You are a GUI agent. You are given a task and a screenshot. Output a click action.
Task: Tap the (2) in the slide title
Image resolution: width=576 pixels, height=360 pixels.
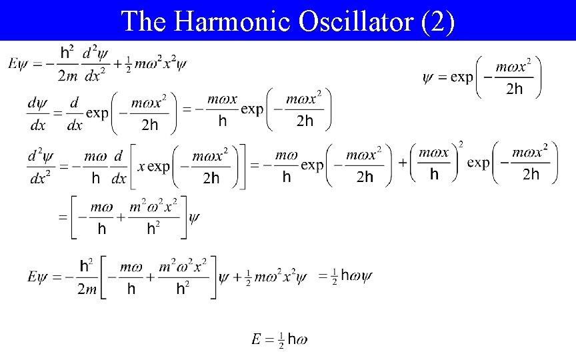tap(439, 21)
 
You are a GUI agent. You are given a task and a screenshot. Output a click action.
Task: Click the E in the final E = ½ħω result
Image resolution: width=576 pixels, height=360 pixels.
tap(256, 340)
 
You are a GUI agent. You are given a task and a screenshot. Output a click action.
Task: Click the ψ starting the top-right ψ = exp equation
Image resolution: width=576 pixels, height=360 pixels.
tap(429, 77)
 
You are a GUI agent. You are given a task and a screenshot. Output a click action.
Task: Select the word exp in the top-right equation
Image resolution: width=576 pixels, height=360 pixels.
tap(461, 77)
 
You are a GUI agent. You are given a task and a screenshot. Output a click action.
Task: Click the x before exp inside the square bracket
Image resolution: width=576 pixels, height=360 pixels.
tap(141, 166)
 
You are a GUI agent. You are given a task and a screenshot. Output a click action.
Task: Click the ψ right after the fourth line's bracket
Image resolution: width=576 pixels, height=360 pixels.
tap(195, 217)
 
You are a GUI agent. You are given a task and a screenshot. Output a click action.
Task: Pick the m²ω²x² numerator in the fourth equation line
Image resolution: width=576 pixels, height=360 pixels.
tap(153, 206)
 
